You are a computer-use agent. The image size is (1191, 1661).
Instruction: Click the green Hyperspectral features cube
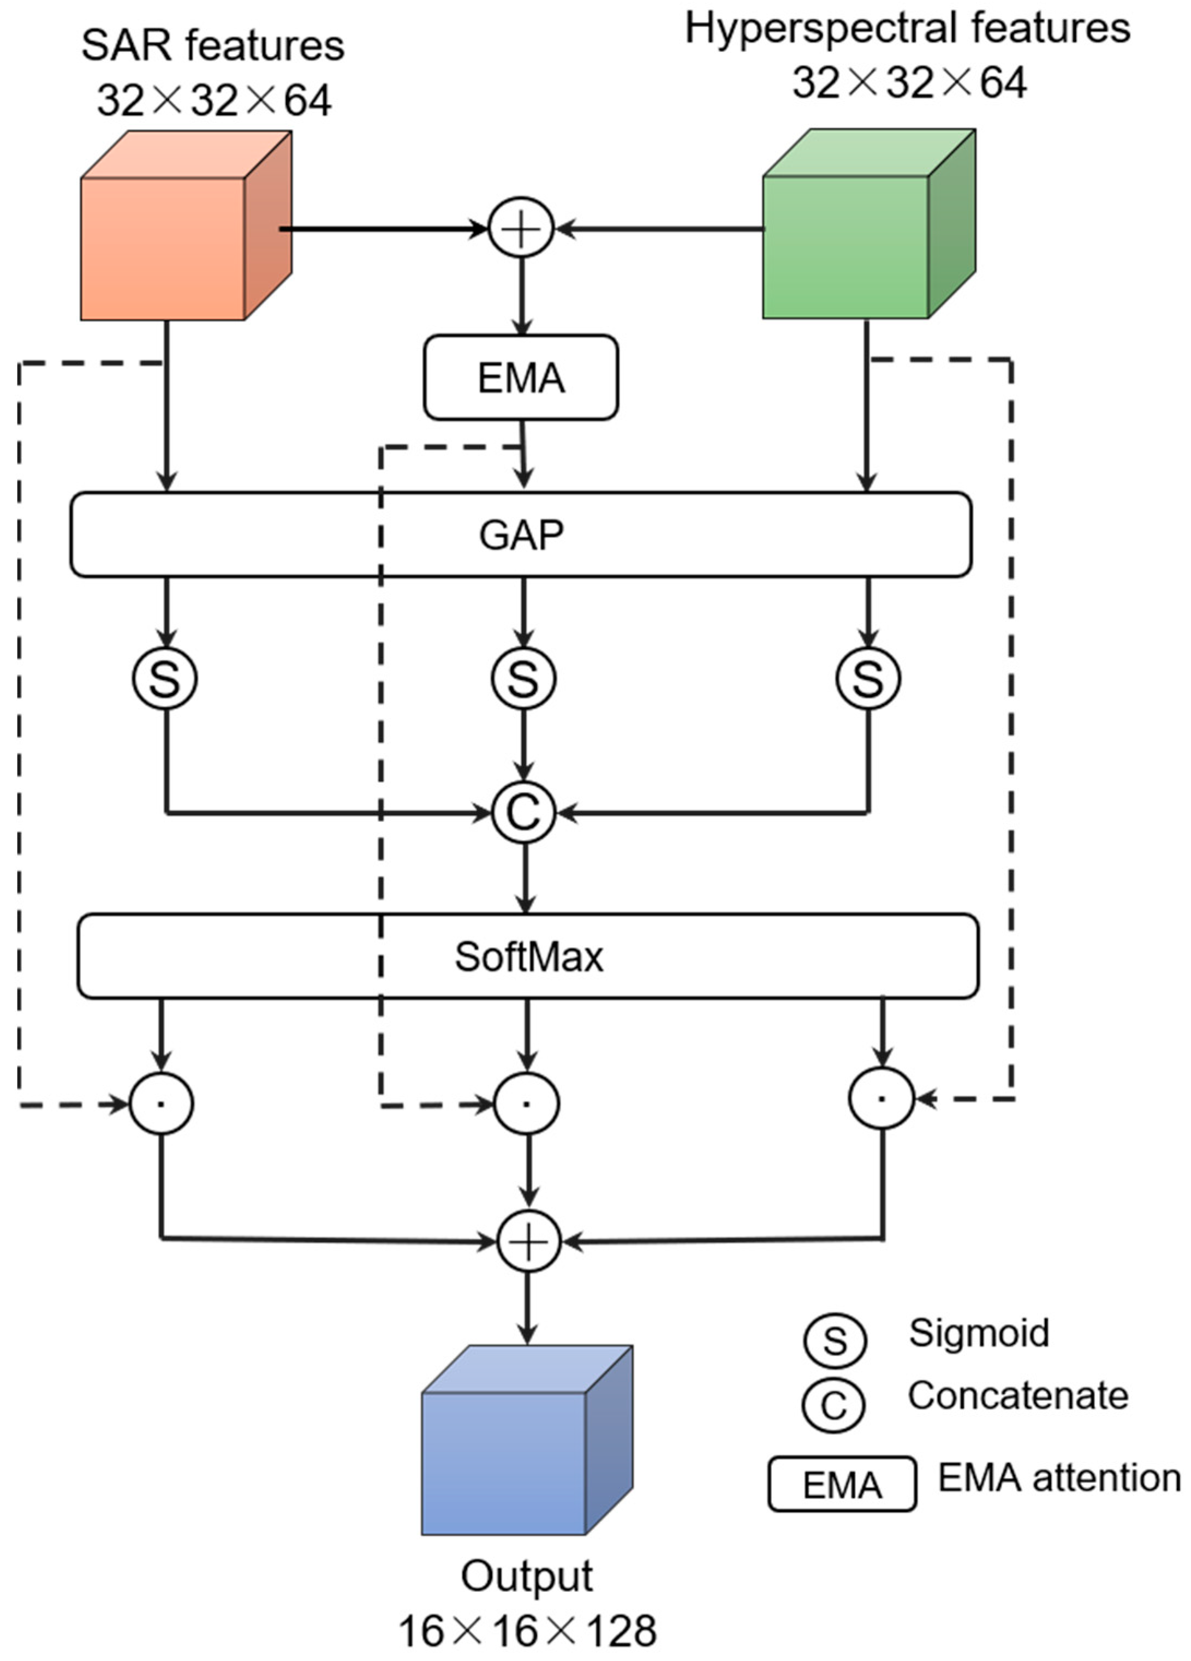(x=850, y=242)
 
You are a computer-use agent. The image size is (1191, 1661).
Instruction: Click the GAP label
(x=521, y=535)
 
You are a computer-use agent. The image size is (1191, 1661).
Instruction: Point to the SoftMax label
(x=528, y=957)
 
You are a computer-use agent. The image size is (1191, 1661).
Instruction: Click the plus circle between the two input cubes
(x=521, y=229)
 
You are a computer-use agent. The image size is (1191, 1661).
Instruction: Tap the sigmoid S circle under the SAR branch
(x=165, y=678)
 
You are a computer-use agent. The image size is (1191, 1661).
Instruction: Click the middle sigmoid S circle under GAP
(x=523, y=678)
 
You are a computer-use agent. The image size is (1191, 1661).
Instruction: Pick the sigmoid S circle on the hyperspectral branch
(x=868, y=678)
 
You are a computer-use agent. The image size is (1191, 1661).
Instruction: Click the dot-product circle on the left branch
(x=161, y=1103)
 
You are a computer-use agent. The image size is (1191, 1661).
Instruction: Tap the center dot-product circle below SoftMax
(x=527, y=1103)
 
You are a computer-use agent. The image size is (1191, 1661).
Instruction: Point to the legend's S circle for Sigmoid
(x=834, y=1340)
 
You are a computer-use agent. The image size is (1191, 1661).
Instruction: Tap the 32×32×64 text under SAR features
(x=214, y=100)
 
